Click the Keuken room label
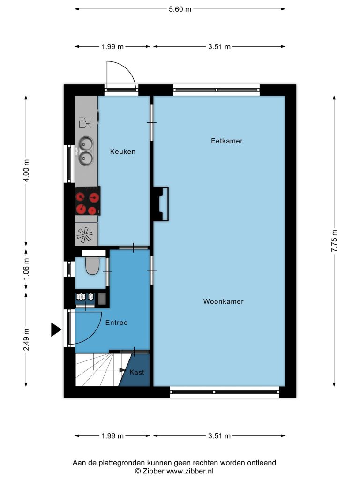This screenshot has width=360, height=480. pos(123,151)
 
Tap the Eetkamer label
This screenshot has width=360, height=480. pos(227,141)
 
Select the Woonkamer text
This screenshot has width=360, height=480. pos(224,301)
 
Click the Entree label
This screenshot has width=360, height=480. pos(116,322)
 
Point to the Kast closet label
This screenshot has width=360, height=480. pos(137,372)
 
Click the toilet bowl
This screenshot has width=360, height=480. pos(92,265)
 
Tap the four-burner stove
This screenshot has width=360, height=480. pos(88,201)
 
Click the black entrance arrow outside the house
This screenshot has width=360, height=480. pos(56,330)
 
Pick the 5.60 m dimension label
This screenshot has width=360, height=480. pos(180,9)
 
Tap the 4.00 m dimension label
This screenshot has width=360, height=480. pos(26,171)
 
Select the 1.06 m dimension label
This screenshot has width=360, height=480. pos(26,269)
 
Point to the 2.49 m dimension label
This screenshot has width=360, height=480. pos(26,339)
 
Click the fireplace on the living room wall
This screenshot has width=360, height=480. pos(161,204)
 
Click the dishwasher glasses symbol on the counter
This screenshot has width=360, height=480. pos(85,122)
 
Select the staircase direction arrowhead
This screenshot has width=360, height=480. pos(122,370)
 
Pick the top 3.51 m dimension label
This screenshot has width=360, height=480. pos(219,47)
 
